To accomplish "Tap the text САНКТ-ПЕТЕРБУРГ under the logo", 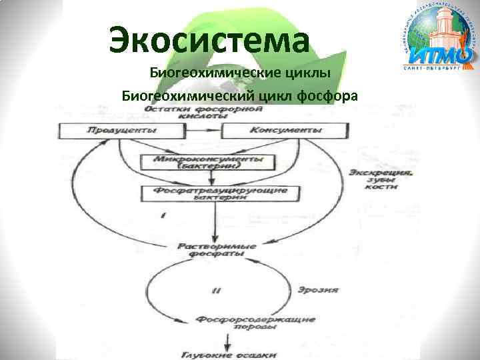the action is pyautogui.click(x=437, y=69).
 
